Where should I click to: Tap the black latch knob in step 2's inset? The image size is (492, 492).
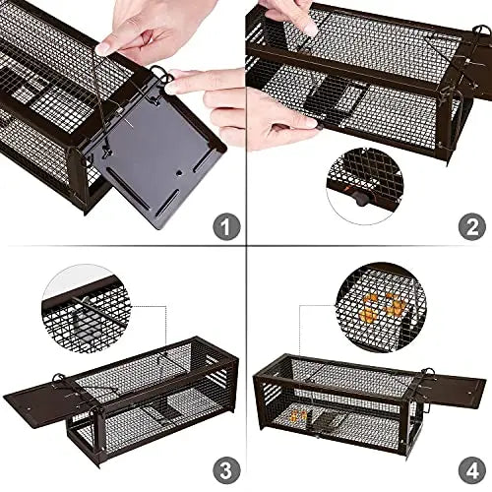point(361,198)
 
